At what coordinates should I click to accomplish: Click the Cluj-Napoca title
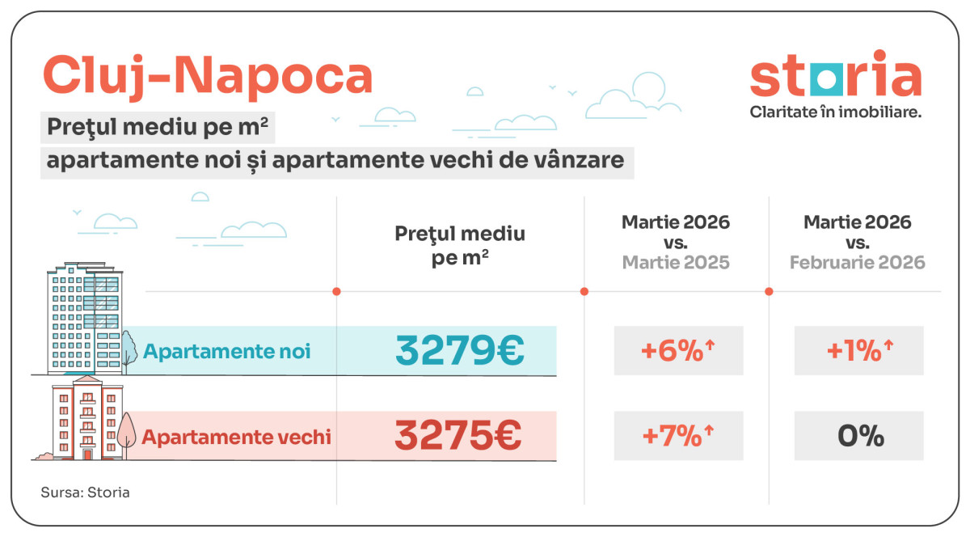[x=207, y=75]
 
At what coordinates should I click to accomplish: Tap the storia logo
[x=835, y=76]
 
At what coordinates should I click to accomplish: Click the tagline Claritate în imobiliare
[x=835, y=112]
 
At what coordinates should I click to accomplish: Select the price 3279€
[x=460, y=350]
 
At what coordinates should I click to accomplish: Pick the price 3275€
[x=458, y=436]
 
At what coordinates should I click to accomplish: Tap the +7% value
[x=677, y=436]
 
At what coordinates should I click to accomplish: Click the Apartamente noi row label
[x=226, y=352]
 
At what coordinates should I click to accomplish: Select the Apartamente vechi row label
[x=236, y=437]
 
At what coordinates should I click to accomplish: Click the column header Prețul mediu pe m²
[x=460, y=246]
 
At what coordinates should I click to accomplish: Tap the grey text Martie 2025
[x=676, y=263]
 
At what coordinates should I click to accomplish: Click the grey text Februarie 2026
[x=857, y=263]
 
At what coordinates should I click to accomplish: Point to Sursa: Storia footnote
[x=85, y=492]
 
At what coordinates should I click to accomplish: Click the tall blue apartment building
[x=84, y=319]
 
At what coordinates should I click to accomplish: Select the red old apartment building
[x=84, y=419]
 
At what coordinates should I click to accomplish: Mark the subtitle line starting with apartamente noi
[x=335, y=160]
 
